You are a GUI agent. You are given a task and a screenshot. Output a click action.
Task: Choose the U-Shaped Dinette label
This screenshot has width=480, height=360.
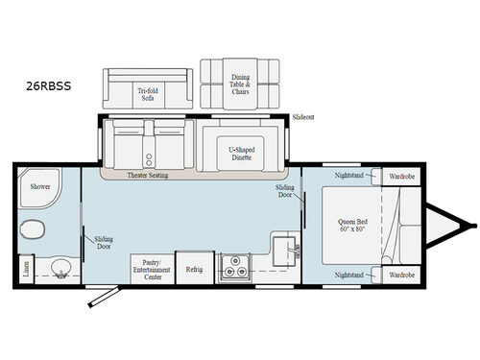click(x=240, y=153)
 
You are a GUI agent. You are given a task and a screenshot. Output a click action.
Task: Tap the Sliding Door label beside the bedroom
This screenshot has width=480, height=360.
click(x=285, y=191)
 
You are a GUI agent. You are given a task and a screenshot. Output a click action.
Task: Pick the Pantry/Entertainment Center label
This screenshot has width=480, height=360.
click(x=152, y=266)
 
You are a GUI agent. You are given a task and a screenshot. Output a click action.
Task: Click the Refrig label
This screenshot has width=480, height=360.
click(x=194, y=269)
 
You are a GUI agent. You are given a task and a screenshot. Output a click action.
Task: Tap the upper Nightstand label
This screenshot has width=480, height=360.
click(x=348, y=177)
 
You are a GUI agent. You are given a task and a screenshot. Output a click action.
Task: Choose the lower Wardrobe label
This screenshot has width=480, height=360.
click(x=401, y=276)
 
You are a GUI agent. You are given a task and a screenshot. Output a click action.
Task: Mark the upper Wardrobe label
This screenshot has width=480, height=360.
click(x=401, y=177)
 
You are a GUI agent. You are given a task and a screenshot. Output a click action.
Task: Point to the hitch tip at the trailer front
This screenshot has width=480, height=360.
click(x=472, y=227)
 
